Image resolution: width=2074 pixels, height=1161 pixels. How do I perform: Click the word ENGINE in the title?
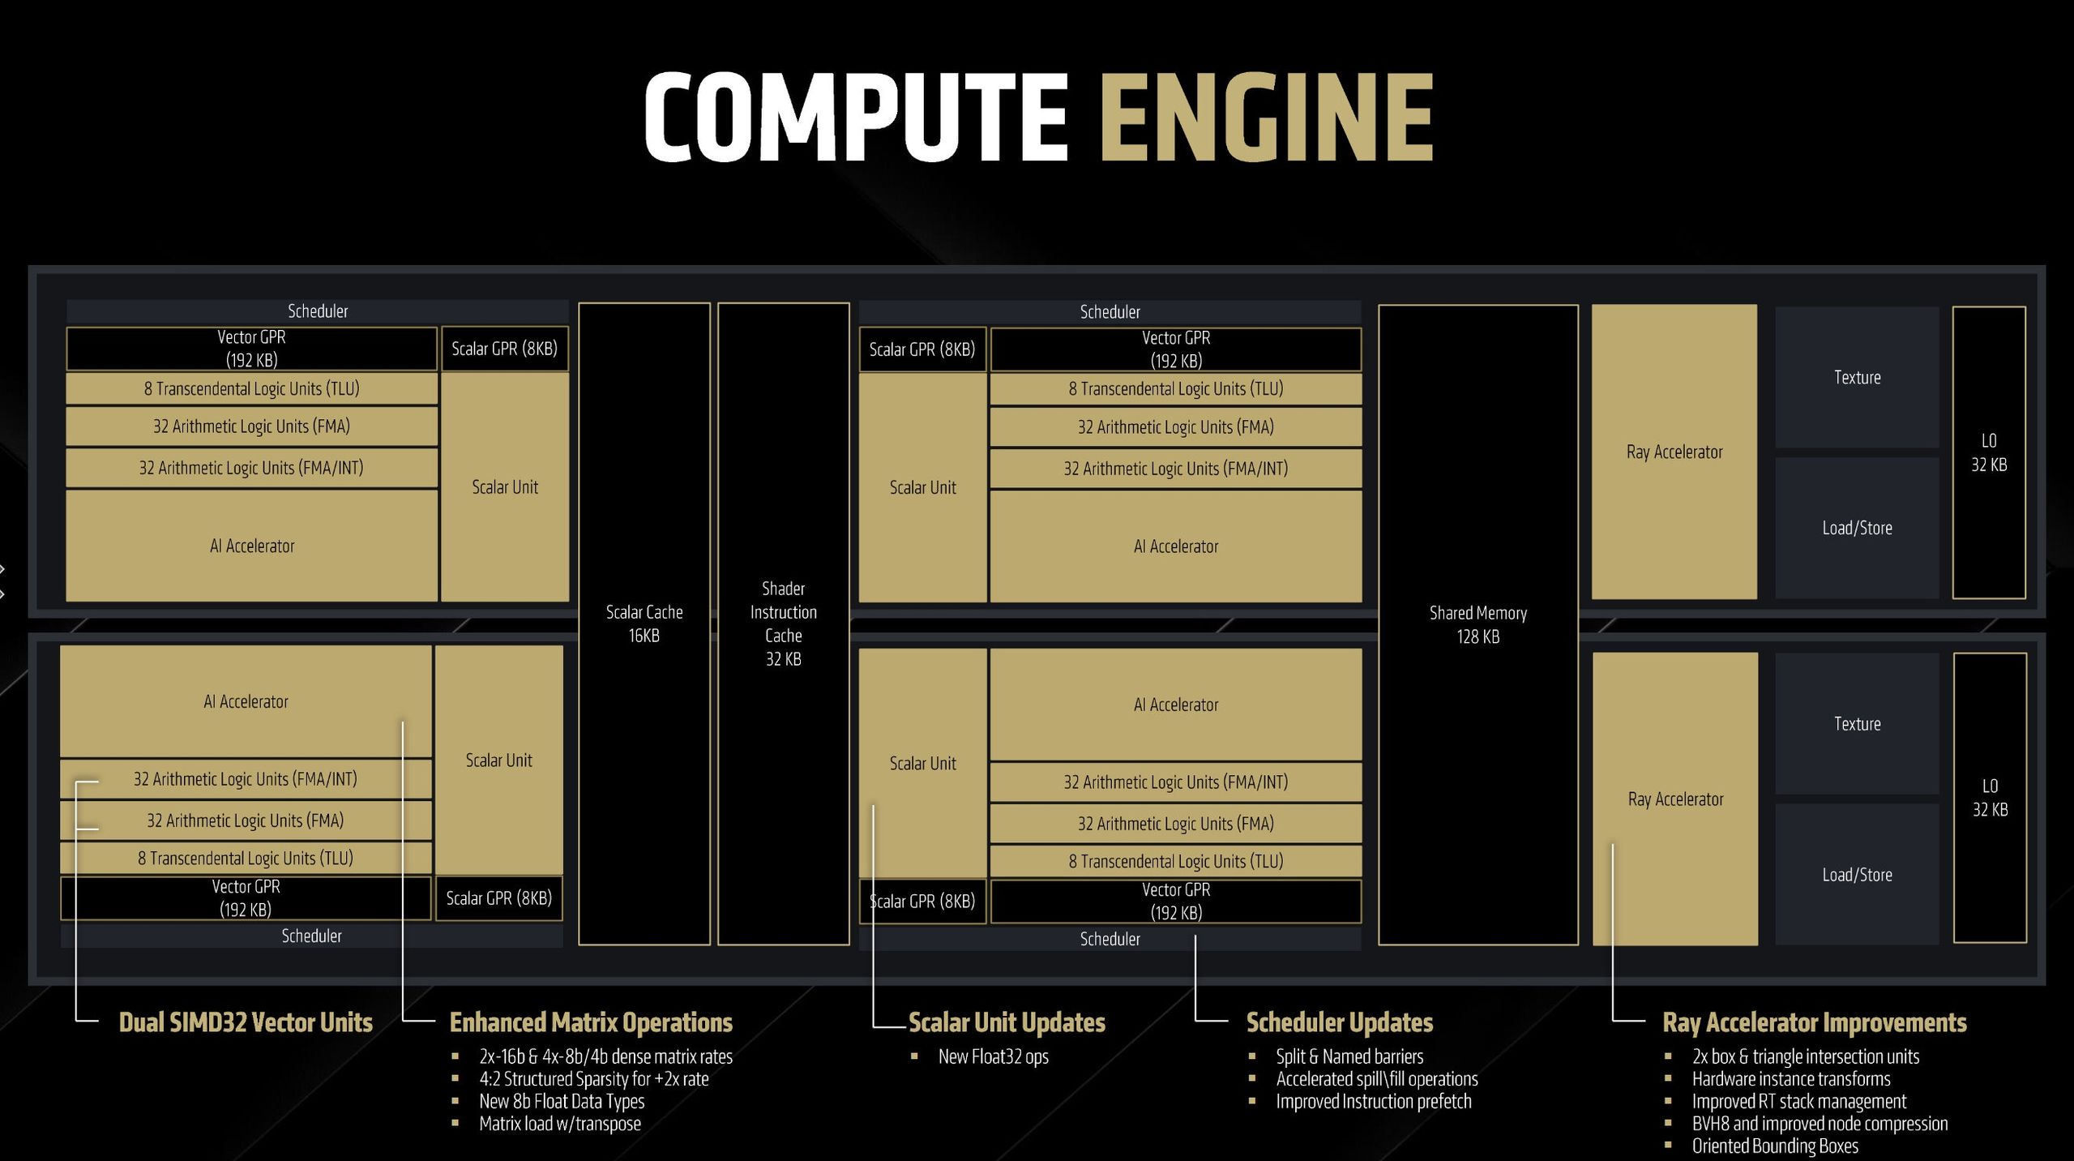(x=1267, y=117)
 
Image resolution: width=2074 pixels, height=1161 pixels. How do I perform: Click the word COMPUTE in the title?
(x=856, y=117)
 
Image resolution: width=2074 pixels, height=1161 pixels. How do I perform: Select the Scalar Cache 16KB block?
(x=644, y=623)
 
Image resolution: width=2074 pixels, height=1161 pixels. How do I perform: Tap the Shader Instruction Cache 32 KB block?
(x=784, y=623)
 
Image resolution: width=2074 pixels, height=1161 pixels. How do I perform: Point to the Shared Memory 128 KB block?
(x=1478, y=624)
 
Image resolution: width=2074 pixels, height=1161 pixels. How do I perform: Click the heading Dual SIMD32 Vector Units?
(x=246, y=1022)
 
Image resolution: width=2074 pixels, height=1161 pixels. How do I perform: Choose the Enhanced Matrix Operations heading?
(x=591, y=1022)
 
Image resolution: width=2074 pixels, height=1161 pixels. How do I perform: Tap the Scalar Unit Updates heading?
(x=1007, y=1022)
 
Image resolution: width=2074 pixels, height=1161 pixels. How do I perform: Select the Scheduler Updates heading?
(x=1340, y=1022)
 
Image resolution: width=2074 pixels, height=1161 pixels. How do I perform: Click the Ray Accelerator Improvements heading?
(x=1815, y=1022)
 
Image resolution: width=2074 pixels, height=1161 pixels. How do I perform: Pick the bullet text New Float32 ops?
(x=994, y=1056)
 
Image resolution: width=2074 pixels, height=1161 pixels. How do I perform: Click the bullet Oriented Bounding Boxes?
(x=1775, y=1146)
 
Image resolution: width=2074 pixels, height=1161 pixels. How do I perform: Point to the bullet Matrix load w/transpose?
(x=560, y=1124)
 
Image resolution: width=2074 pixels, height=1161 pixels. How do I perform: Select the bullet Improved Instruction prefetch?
(x=1374, y=1101)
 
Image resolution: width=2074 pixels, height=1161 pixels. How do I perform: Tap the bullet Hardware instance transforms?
(x=1791, y=1079)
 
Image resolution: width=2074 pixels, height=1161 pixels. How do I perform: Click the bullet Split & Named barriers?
(x=1349, y=1056)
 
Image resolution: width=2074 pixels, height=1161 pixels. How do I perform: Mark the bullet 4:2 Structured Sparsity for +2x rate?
(x=594, y=1079)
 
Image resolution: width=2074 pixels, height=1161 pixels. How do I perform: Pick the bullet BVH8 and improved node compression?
(x=1820, y=1124)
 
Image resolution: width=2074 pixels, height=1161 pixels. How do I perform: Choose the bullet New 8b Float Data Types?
(x=562, y=1101)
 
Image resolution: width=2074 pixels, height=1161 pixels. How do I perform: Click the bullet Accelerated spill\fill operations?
(x=1377, y=1079)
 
